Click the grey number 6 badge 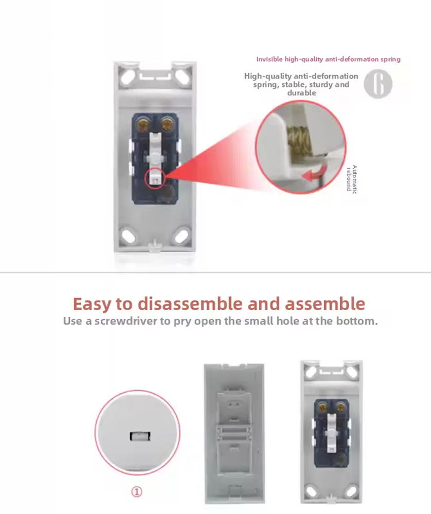378,84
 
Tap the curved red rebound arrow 314,174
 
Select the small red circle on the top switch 155,178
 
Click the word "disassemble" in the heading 191,304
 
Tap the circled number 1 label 137,492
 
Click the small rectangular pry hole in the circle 140,436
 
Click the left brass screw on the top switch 143,125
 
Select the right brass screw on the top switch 167,124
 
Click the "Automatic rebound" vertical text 352,179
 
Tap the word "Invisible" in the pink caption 270,59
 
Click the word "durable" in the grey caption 301,93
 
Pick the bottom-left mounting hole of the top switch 129,236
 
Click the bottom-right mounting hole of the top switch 182,236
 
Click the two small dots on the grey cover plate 234,404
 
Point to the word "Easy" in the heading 92,304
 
